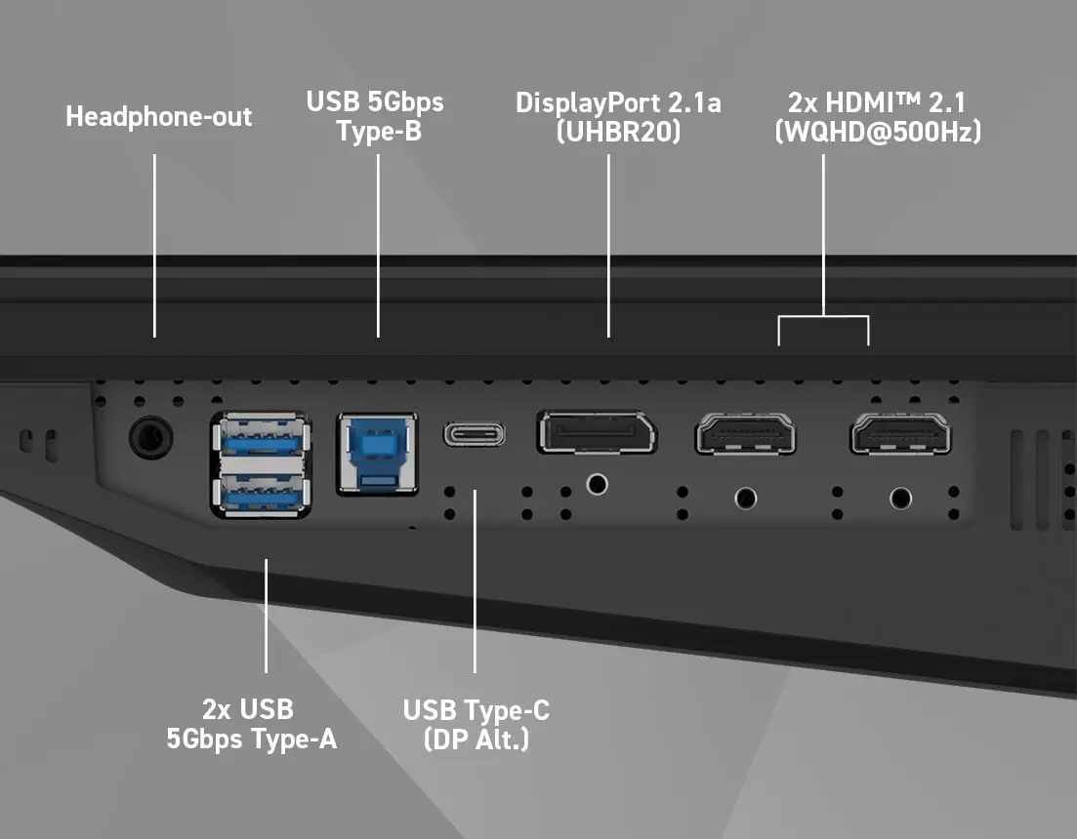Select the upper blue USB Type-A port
(x=261, y=438)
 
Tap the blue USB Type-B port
(x=377, y=452)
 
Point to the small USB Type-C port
(x=475, y=433)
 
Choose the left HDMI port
(x=745, y=434)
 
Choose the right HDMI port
(x=900, y=433)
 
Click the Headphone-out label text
(x=159, y=117)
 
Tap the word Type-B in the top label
(x=379, y=131)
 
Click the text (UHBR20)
(x=618, y=131)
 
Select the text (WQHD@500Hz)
(x=877, y=131)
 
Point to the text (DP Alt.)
(x=476, y=739)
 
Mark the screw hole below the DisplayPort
(x=596, y=483)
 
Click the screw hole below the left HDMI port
(x=746, y=499)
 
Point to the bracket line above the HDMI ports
(x=823, y=317)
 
